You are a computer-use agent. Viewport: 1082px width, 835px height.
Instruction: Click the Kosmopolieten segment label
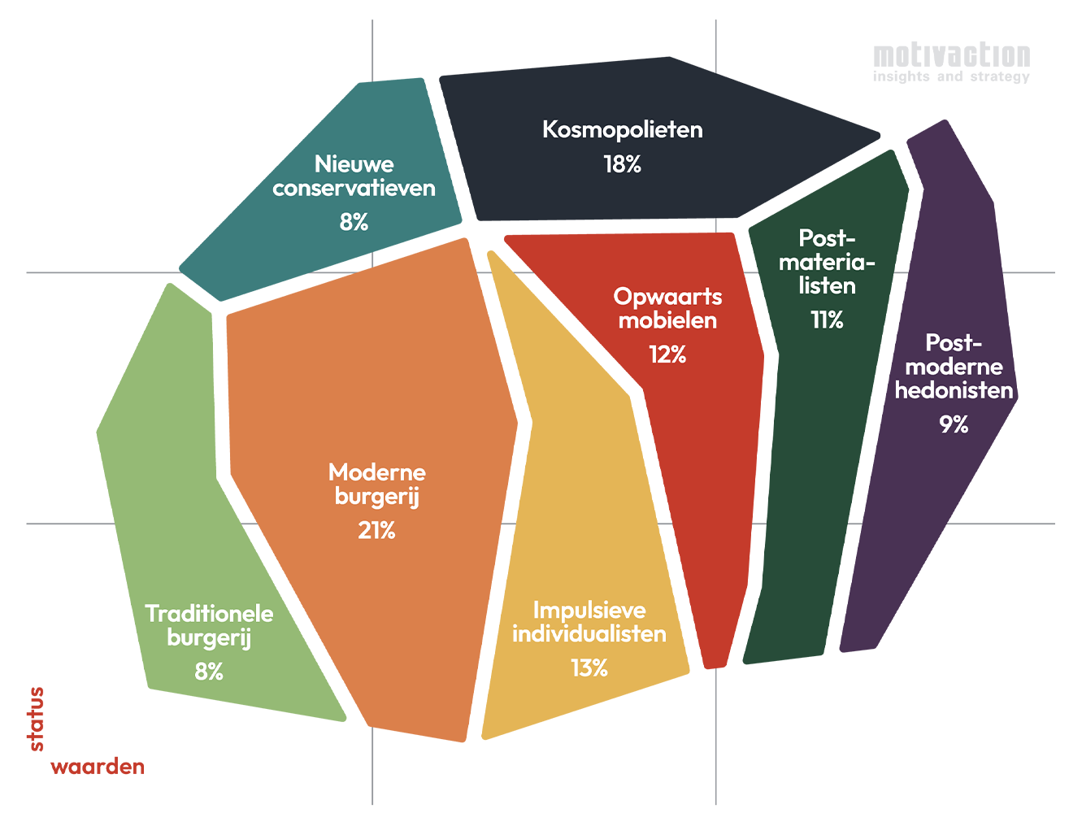623,129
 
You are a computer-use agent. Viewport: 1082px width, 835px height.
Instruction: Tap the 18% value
623,164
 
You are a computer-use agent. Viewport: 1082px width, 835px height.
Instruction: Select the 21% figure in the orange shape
376,531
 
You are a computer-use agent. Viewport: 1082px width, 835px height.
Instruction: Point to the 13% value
589,668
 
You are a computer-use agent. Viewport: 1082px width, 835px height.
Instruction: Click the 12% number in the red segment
667,354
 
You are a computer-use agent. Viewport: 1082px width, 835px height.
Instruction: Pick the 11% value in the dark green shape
827,320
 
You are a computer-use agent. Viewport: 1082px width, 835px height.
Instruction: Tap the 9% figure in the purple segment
954,424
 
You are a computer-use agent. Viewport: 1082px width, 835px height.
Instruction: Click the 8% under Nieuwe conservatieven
354,222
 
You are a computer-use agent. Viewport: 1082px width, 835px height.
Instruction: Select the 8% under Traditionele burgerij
209,672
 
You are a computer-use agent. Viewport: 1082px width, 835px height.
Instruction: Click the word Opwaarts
667,298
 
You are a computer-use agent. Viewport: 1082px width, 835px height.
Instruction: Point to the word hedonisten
954,390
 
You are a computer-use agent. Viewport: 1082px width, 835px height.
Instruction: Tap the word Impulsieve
589,611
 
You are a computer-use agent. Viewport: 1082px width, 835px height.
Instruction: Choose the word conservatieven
354,188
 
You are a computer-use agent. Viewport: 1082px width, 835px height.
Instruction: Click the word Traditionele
209,614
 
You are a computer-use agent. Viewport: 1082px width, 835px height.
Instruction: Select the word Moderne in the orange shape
377,472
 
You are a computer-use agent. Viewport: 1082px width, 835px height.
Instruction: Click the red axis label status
37,719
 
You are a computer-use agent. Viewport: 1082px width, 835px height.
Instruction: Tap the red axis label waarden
98,766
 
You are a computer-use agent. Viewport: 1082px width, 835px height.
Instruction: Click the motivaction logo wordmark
952,55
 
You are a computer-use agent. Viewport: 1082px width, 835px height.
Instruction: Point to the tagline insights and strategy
951,76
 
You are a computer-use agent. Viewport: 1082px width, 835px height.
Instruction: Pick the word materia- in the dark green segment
827,263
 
